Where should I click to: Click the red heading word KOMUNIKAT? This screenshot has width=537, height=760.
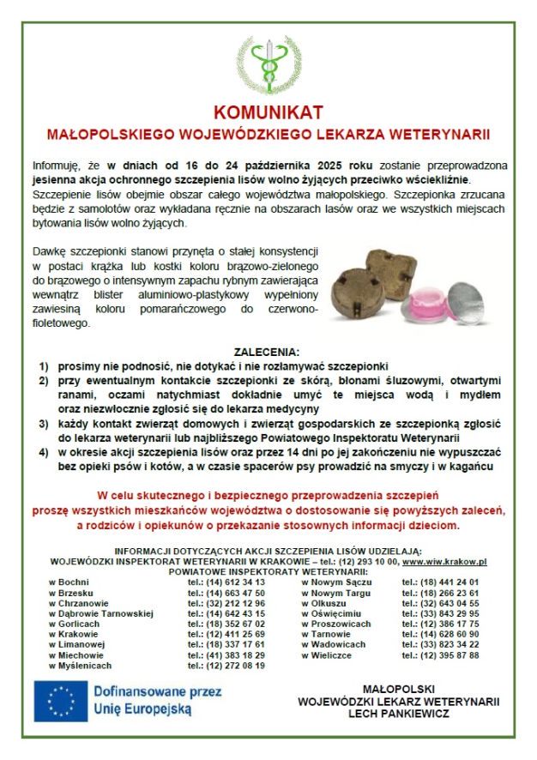(x=268, y=113)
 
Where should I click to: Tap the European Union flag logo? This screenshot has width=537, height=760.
(x=61, y=700)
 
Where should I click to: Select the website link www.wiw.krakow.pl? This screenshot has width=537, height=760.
(x=444, y=561)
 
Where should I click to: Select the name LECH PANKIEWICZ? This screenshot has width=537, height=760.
(x=398, y=713)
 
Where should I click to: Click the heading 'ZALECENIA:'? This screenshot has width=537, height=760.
(x=268, y=352)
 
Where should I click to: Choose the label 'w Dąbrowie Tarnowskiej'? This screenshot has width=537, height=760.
(x=100, y=612)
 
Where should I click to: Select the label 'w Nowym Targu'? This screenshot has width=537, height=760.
(x=335, y=592)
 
